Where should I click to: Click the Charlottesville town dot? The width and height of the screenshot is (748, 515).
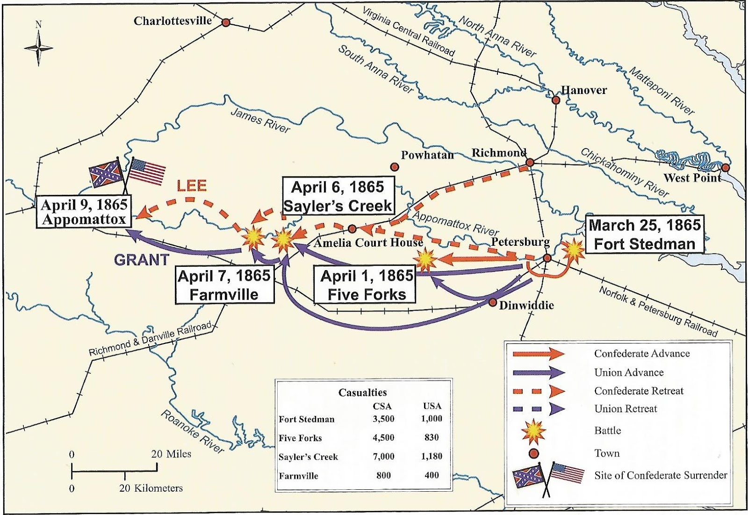[x=226, y=22]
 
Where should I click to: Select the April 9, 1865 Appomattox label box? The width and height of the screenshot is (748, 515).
[x=84, y=212]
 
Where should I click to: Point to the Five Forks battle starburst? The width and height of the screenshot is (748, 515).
[x=425, y=260]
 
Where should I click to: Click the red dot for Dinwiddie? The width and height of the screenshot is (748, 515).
[x=492, y=302]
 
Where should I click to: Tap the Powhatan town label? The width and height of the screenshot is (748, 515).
[x=427, y=155]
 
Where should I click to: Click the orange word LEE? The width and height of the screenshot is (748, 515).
[x=192, y=186]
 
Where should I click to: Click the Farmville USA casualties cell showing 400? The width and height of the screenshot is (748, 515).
[x=431, y=475]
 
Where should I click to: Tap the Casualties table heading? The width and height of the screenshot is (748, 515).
[x=362, y=393]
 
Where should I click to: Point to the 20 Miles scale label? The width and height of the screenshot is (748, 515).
[x=171, y=454]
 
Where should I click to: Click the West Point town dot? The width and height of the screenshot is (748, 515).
[x=725, y=167]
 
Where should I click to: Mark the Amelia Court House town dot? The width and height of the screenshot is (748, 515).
[x=352, y=229]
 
